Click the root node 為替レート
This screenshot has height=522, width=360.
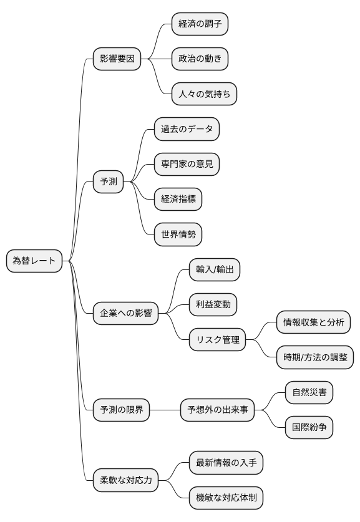click(x=34, y=260)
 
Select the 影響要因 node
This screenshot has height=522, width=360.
click(x=117, y=59)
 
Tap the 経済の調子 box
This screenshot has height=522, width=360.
click(x=200, y=24)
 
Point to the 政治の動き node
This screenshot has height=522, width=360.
click(x=200, y=59)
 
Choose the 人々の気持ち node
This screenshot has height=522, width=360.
click(x=204, y=95)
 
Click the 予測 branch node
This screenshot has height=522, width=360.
click(x=108, y=182)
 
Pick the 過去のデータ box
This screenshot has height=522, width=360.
click(x=187, y=130)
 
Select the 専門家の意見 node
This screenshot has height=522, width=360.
click(x=187, y=165)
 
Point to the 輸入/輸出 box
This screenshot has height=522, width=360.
click(x=214, y=269)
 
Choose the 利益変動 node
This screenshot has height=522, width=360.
click(x=214, y=305)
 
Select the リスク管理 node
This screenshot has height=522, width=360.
click(x=218, y=340)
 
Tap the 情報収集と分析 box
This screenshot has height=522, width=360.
click(x=313, y=322)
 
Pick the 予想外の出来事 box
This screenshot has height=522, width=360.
click(x=218, y=410)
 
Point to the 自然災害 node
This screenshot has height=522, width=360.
click(x=308, y=392)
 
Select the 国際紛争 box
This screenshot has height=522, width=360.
click(x=308, y=428)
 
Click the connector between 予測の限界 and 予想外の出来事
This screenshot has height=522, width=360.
click(x=165, y=410)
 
